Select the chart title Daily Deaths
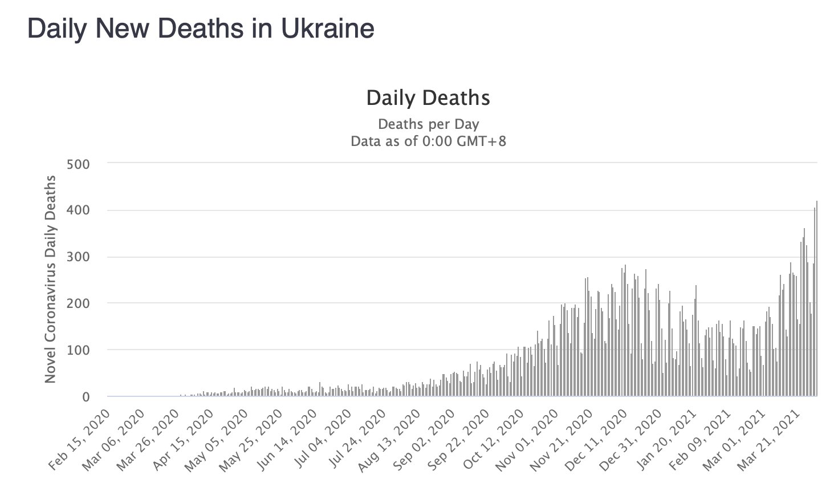tap(428, 98)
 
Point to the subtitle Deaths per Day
tap(428, 124)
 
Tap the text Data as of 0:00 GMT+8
tap(428, 141)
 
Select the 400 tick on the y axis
tap(79, 210)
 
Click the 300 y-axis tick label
tap(79, 257)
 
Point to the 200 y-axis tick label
tap(79, 303)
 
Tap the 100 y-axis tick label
tap(79, 350)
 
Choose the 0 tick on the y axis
tap(86, 397)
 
